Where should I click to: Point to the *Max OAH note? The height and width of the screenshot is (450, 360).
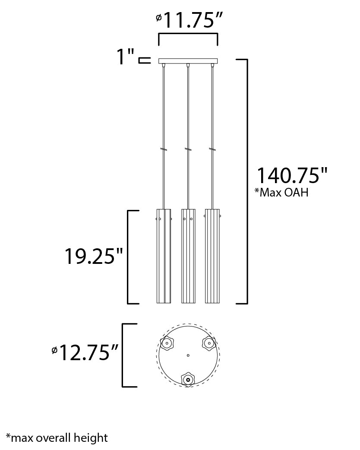[281, 192]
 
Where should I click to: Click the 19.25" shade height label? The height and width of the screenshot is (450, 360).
[94, 256]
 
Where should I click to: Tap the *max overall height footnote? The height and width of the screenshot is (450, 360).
[57, 438]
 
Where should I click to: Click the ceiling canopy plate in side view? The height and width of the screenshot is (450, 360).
[188, 61]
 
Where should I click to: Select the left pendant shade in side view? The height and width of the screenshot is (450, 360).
[164, 256]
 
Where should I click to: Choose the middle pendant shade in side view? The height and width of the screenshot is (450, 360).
[188, 256]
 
